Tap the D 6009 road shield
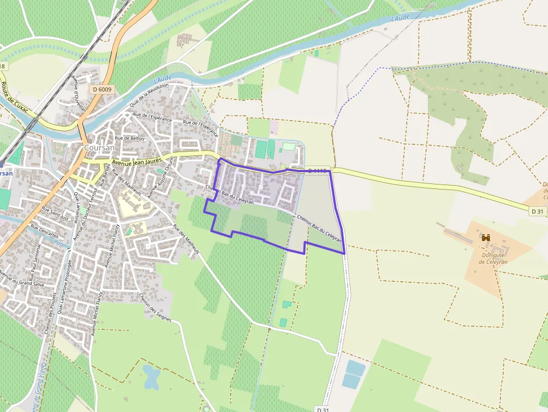click(x=102, y=89)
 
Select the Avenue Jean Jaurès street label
click(x=137, y=162)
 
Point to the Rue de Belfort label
click(x=130, y=138)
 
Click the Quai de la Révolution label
click(x=149, y=95)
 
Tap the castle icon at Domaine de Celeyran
click(x=486, y=238)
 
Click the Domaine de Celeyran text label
click(x=493, y=258)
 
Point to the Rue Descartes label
click(x=44, y=231)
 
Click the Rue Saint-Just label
click(x=55, y=214)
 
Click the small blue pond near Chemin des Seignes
click(x=152, y=377)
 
